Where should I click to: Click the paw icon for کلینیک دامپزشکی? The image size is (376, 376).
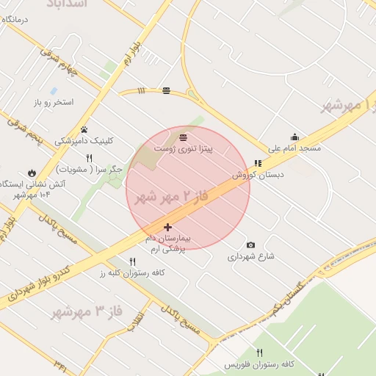click(x=84, y=129)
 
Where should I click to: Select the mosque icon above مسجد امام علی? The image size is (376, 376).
click(x=294, y=137)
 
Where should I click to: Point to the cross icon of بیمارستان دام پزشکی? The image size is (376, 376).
click(x=168, y=228)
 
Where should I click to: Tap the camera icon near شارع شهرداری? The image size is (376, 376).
click(x=251, y=245)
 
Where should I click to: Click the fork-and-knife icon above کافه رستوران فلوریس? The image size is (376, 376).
click(x=259, y=352)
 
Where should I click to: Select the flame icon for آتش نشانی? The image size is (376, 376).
click(x=32, y=172)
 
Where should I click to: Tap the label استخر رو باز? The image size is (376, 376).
click(x=54, y=102)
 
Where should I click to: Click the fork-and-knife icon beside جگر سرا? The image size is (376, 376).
click(x=89, y=158)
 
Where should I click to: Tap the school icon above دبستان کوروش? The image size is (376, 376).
click(x=257, y=164)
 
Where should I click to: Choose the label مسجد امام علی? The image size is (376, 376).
click(x=294, y=148)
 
